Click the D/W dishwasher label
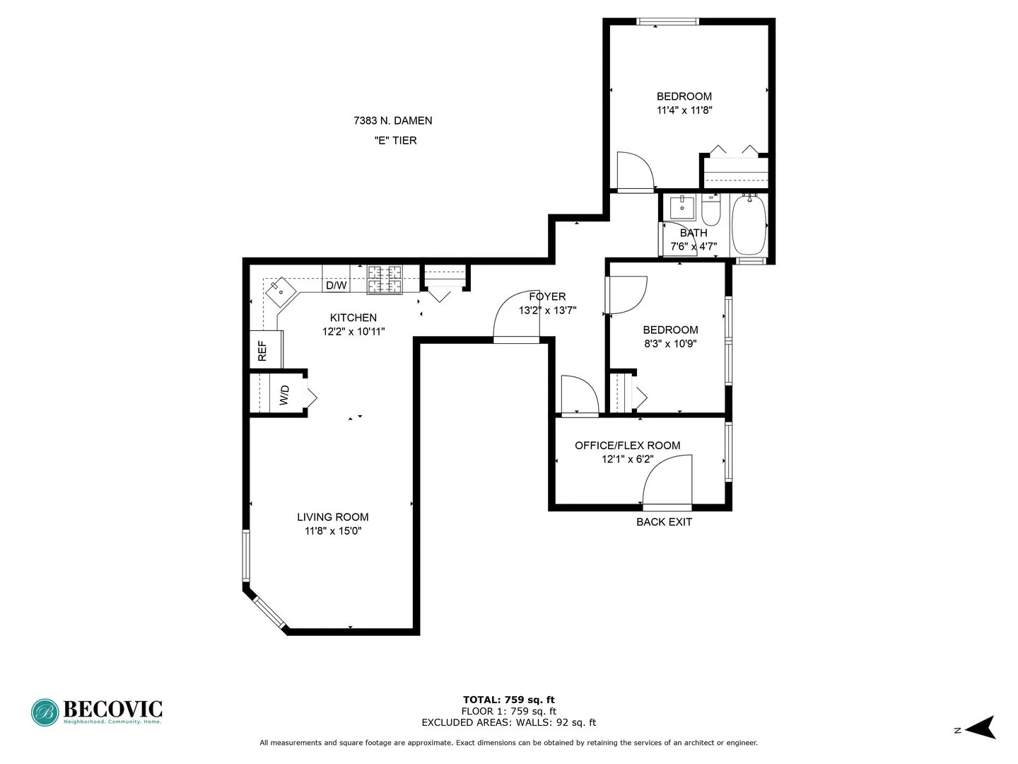[x=336, y=286]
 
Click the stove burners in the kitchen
[x=385, y=279]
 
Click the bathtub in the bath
[x=748, y=225]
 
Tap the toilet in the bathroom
[x=710, y=211]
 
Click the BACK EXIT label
[x=664, y=522]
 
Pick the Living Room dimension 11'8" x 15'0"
[x=332, y=531]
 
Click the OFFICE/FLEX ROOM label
[x=627, y=446]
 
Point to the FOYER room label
[x=547, y=297]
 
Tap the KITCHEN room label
[x=353, y=318]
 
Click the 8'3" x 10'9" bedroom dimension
[x=669, y=344]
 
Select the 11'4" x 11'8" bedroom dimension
[x=684, y=110]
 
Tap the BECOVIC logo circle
[x=45, y=712]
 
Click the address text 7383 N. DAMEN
[x=392, y=121]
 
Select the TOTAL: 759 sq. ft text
[x=508, y=700]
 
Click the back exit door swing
[x=668, y=481]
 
